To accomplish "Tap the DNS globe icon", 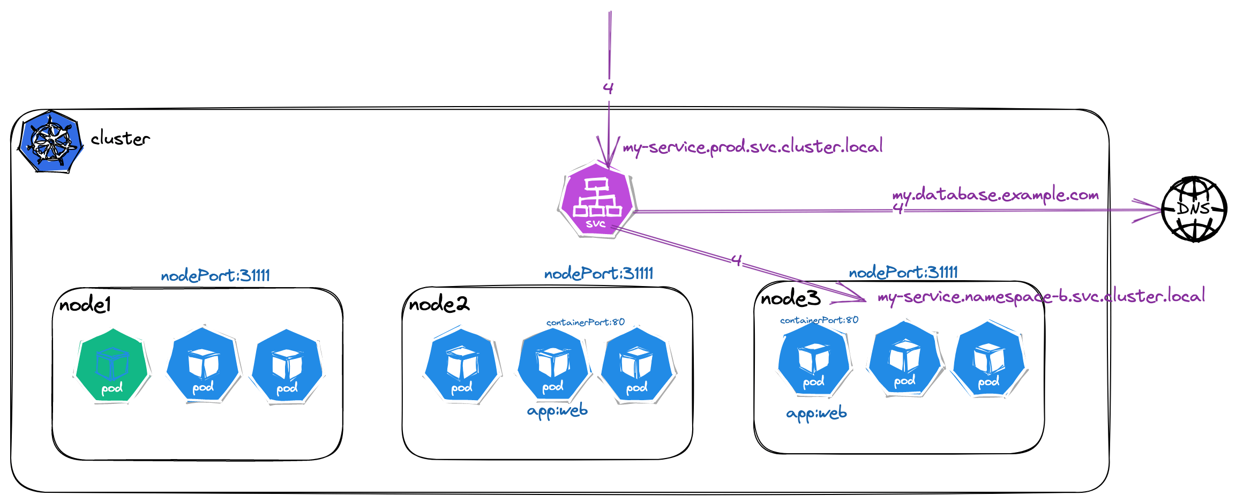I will point(1194,209).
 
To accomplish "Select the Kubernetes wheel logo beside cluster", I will point(51,142).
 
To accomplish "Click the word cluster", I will point(120,139).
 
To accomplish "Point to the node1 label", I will point(85,305).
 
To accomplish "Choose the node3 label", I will point(790,298).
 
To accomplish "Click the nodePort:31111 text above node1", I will point(215,276).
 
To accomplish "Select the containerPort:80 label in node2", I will point(585,322).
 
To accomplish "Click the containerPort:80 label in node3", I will point(819,320).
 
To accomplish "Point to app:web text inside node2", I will point(557,411).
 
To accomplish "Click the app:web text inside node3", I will point(816,414).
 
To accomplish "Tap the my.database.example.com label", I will point(995,195).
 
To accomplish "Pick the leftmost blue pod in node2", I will point(462,366).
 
